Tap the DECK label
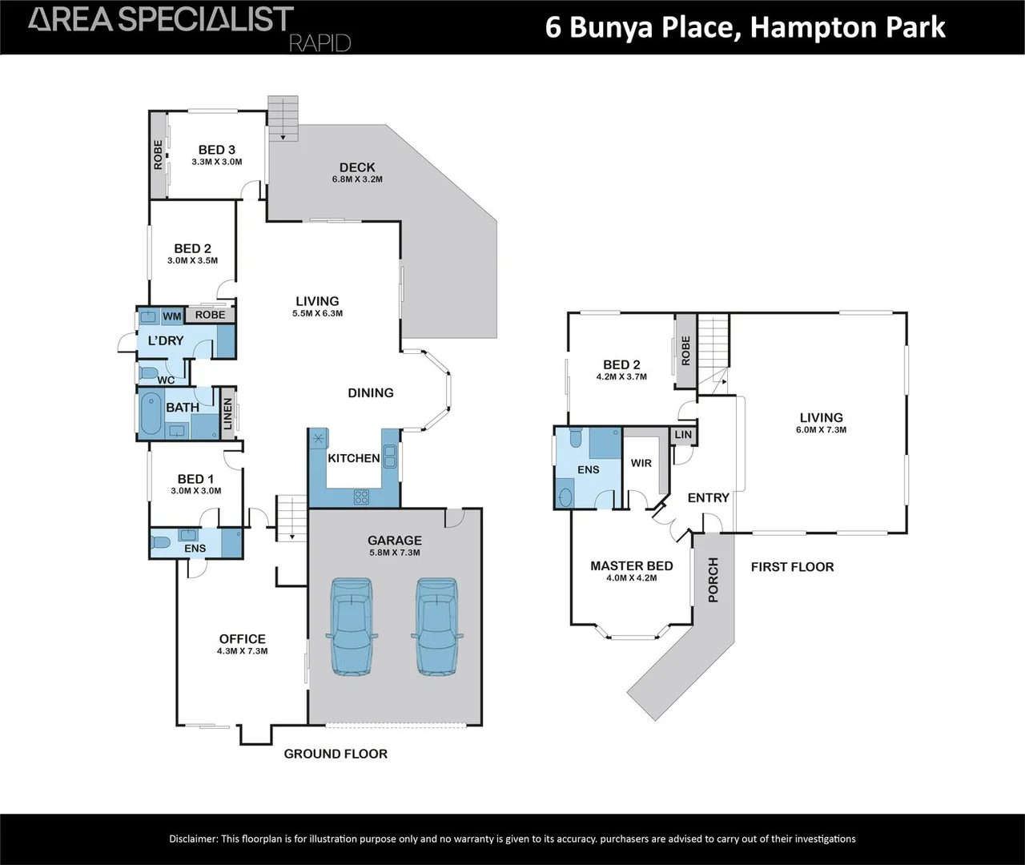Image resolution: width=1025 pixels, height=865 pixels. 357,167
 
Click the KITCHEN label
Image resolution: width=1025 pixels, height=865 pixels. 354,458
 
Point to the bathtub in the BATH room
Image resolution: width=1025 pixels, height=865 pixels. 151,414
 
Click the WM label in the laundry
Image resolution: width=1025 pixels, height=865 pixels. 172,316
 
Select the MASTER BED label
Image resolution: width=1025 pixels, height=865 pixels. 632,565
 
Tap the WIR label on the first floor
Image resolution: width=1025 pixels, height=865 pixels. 641,463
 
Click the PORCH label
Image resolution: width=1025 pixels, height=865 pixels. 713,580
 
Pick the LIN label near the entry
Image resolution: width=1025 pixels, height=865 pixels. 683,435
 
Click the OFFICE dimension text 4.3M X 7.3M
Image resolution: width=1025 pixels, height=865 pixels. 242,651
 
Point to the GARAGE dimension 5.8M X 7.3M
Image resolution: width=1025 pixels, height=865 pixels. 395,553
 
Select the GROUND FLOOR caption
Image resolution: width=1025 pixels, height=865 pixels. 336,754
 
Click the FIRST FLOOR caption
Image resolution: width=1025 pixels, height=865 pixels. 792,567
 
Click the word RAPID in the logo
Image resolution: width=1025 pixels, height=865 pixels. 320,43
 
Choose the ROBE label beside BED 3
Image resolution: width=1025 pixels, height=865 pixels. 159,155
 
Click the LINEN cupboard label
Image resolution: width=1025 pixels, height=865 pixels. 227,414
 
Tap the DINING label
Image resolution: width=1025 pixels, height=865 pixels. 371,392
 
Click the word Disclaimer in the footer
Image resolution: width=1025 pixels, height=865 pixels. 193,839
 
